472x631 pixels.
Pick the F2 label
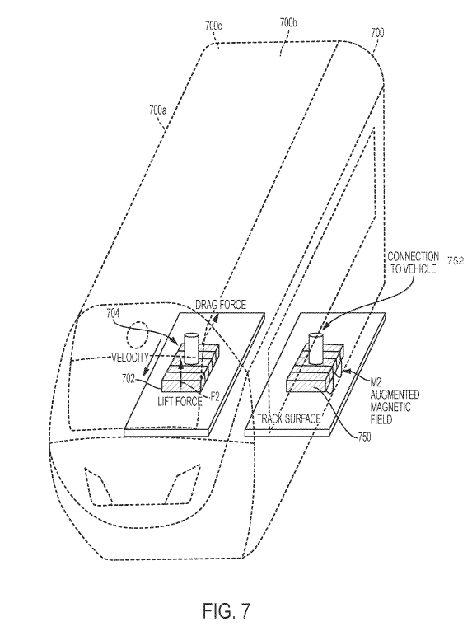click(x=215, y=396)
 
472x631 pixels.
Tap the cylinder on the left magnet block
click(x=191, y=347)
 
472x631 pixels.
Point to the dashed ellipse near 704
click(x=137, y=339)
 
